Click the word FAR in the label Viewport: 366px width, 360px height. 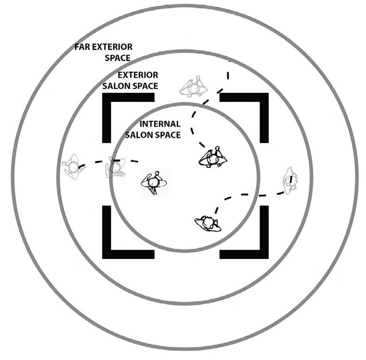pyautogui.click(x=83, y=47)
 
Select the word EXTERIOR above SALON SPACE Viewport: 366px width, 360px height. pyautogui.click(x=138, y=75)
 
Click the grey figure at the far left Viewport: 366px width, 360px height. pyautogui.click(x=72, y=167)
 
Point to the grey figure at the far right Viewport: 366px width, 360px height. pyautogui.click(x=291, y=179)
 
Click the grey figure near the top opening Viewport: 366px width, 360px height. pyautogui.click(x=193, y=87)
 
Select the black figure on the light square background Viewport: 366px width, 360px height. pyautogui.click(x=154, y=183)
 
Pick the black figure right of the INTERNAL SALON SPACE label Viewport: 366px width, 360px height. pyautogui.click(x=213, y=158)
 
